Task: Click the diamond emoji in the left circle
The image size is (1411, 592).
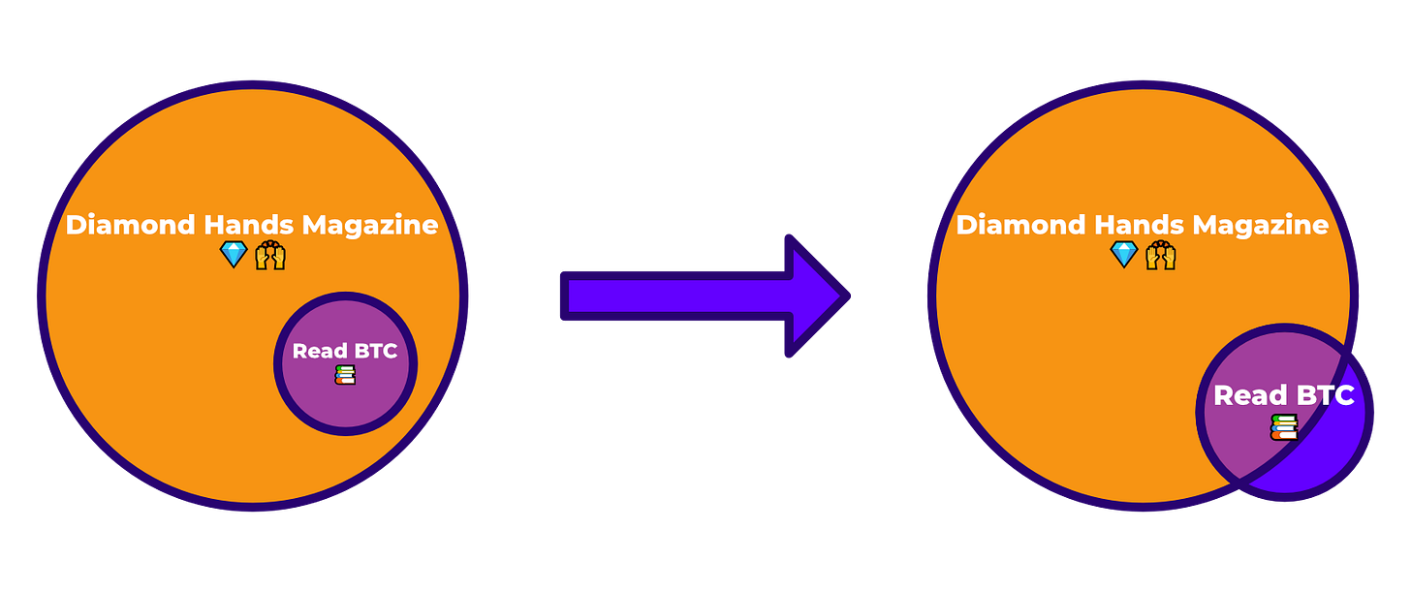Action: point(234,255)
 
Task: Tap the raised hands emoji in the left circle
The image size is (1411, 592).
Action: point(270,256)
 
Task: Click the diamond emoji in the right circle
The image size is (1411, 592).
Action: point(1124,255)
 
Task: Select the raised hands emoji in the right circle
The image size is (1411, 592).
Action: point(1161,256)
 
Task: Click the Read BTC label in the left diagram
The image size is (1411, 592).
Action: point(345,351)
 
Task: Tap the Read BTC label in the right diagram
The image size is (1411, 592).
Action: point(1283,395)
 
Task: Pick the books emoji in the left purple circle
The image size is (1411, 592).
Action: point(345,375)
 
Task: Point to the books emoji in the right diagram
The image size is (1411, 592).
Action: point(1284,426)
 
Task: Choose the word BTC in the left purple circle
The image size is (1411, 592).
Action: point(375,351)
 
